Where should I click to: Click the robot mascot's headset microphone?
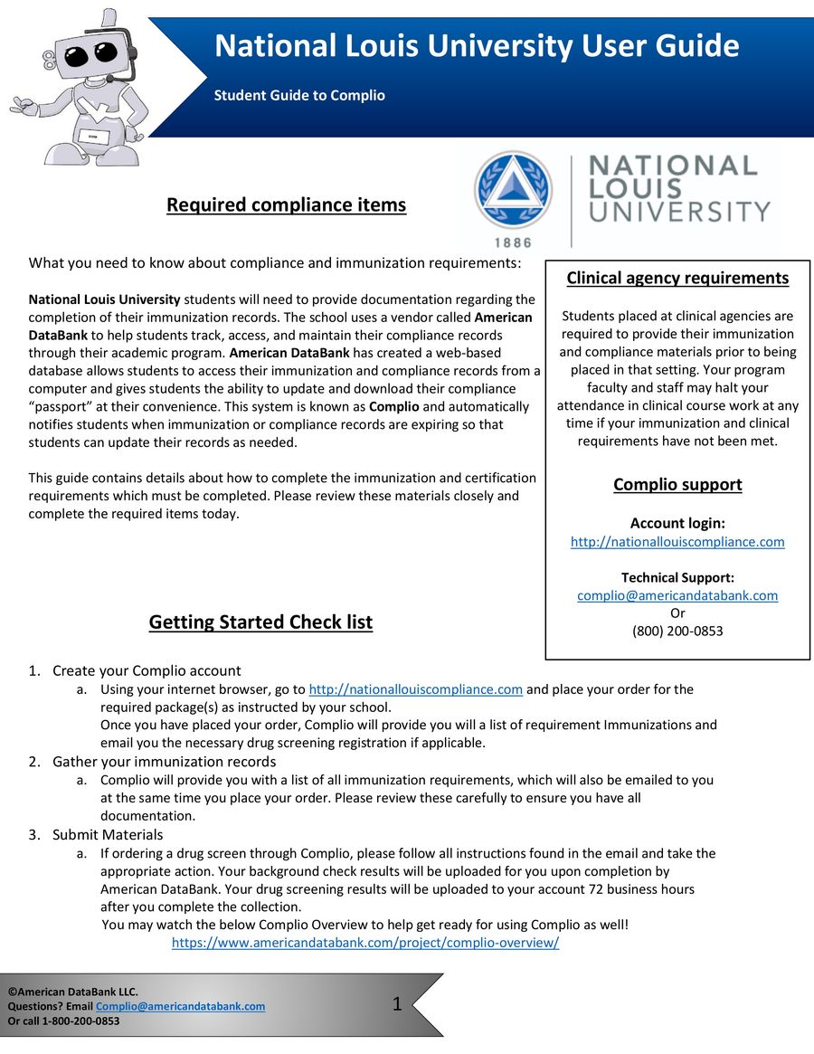(109, 79)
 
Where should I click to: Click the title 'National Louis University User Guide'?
(477, 45)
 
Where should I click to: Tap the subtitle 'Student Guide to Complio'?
(299, 95)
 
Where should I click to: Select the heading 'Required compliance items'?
(286, 205)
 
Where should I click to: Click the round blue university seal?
(513, 190)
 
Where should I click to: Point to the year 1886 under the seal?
(513, 242)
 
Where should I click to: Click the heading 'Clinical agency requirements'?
(677, 278)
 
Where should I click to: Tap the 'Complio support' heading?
(677, 484)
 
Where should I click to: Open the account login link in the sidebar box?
(677, 542)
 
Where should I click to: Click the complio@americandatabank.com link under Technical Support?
(677, 595)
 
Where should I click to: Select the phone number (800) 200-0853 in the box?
(677, 631)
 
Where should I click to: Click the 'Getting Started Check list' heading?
(260, 622)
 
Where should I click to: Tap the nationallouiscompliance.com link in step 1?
(416, 689)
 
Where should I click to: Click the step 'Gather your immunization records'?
(164, 762)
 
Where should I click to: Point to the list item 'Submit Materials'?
(108, 834)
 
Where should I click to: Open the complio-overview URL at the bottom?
(365, 942)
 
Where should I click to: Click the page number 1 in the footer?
(397, 1003)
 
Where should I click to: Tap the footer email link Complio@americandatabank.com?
(180, 1006)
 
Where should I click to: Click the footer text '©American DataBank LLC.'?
(73, 992)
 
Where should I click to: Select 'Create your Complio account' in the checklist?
(147, 670)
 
